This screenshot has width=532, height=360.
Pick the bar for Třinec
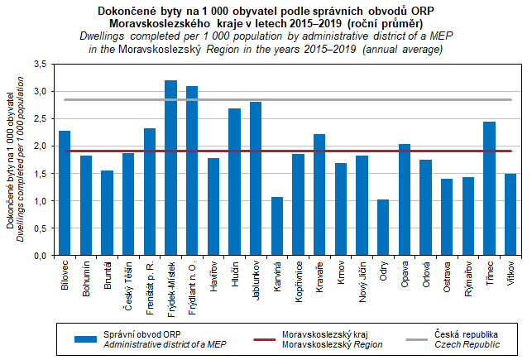point(489,189)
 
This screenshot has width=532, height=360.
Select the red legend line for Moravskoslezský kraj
point(252,338)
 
